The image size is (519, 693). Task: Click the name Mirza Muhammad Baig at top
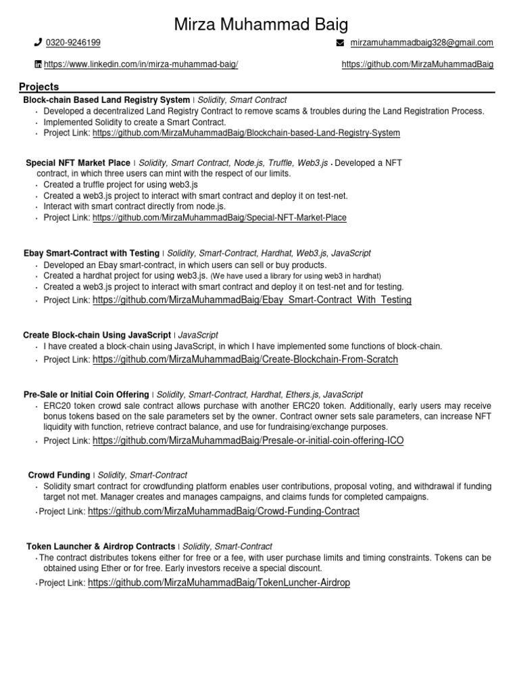click(262, 25)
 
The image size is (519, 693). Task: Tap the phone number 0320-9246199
click(73, 43)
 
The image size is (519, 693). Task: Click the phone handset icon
click(38, 43)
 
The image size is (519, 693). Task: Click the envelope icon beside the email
click(340, 43)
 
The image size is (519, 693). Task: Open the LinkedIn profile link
click(141, 64)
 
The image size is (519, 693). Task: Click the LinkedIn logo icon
click(38, 64)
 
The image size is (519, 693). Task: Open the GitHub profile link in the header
click(418, 64)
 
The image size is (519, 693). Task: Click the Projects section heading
click(39, 87)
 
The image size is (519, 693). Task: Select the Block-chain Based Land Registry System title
click(107, 99)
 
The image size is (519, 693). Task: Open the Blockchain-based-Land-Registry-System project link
click(246, 133)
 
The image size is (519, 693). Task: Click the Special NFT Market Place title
click(78, 163)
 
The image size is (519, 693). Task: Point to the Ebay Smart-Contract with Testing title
click(91, 253)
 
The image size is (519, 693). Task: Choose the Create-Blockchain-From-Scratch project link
click(245, 359)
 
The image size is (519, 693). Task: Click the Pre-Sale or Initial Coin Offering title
click(86, 395)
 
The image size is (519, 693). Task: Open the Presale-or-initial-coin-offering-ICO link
click(248, 441)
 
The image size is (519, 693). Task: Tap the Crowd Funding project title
click(59, 476)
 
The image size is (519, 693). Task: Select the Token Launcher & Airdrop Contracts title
click(101, 546)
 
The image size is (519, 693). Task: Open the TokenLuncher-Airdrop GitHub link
click(219, 582)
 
